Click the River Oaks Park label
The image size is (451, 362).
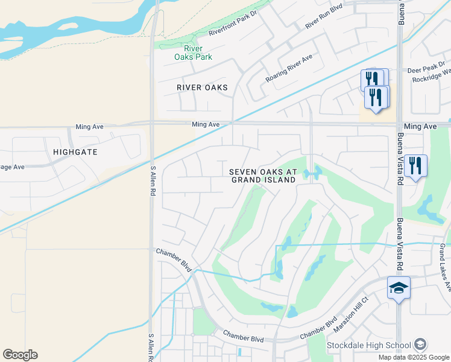click(193, 52)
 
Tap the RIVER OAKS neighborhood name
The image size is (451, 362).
click(203, 87)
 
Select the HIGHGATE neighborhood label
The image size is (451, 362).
click(75, 152)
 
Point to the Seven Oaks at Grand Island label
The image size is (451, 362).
click(263, 176)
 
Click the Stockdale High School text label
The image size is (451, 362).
click(369, 346)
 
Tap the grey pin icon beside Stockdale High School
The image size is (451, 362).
click(421, 345)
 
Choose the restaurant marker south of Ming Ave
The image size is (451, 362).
click(415, 165)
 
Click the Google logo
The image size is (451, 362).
click(20, 355)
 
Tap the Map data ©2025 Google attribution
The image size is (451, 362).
click(414, 357)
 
